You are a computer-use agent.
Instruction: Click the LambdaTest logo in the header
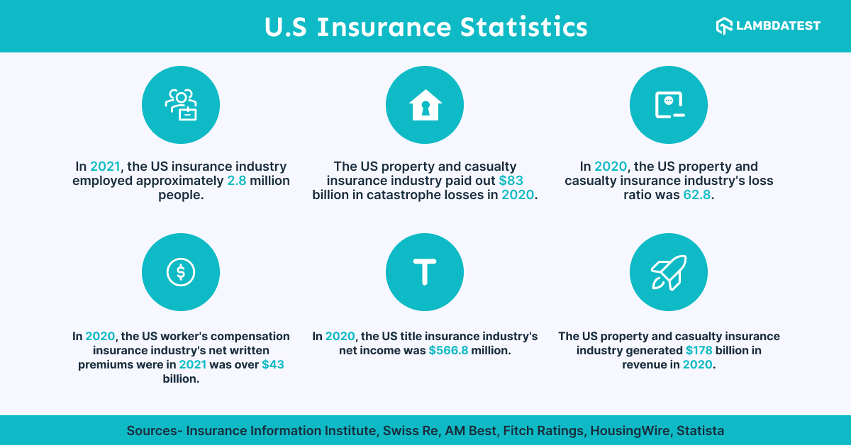tap(768, 26)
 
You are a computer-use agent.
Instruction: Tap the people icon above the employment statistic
tap(181, 105)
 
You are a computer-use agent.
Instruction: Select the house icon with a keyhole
tap(425, 105)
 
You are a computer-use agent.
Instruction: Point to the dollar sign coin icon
tap(181, 271)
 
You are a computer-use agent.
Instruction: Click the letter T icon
tap(425, 271)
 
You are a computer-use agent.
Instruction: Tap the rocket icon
tap(669, 271)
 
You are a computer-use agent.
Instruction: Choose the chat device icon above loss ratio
tap(669, 105)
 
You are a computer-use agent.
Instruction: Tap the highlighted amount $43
tap(273, 364)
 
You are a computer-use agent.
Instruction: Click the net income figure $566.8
tap(448, 350)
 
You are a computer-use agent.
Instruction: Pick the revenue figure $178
tap(699, 350)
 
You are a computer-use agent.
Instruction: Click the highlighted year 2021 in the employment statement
tap(106, 167)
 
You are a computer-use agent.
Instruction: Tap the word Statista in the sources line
tap(700, 430)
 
